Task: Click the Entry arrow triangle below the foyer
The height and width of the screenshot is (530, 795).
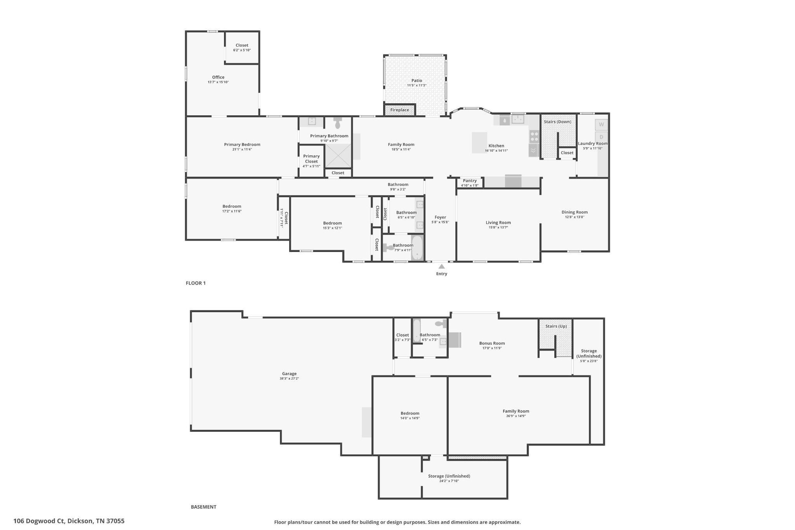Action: coord(441,266)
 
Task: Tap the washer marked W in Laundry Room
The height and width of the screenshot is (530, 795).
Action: coord(601,125)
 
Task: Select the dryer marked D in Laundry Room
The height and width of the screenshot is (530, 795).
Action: coord(601,137)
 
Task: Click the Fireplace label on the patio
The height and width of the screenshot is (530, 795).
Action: coord(399,110)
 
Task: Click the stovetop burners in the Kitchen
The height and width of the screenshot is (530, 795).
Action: coord(534,136)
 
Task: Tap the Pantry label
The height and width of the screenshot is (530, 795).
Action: coord(470,181)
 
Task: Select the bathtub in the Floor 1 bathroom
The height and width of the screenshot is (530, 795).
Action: coord(418,247)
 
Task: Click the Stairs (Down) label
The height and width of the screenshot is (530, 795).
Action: coord(557,122)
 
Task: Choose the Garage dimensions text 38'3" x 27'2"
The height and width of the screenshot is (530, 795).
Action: coord(289,379)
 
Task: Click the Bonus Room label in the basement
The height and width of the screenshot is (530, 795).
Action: coord(492,343)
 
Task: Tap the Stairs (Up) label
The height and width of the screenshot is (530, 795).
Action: coord(556,326)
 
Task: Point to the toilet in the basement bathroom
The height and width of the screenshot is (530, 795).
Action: coord(441,323)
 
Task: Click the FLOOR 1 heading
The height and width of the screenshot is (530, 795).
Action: coord(196,283)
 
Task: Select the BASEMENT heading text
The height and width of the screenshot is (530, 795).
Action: coord(203,507)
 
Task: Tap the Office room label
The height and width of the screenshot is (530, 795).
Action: coord(218,77)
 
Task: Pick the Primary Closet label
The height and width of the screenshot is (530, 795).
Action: coord(311,158)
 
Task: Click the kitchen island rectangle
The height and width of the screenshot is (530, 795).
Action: coord(479,142)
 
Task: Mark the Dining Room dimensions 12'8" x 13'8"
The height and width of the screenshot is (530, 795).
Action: coord(575,217)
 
